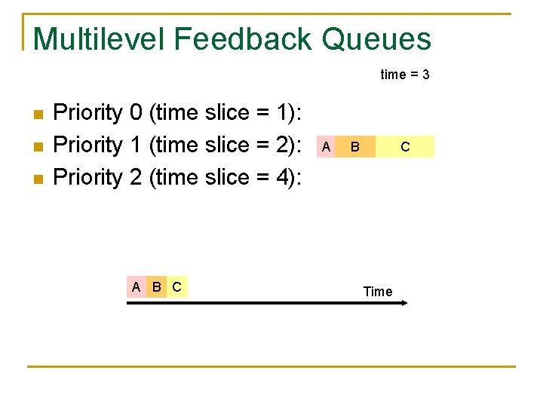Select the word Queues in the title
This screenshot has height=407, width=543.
[x=376, y=38]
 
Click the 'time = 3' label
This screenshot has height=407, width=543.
[x=405, y=75]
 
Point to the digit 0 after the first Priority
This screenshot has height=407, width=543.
[x=136, y=113]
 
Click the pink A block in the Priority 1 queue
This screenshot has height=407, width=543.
[x=325, y=146]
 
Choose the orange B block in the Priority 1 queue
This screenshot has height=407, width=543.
[x=355, y=146]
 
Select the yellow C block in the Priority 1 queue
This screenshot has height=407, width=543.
[x=405, y=146]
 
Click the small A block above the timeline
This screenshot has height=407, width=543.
[x=136, y=286]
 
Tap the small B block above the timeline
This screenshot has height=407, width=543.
[x=156, y=286]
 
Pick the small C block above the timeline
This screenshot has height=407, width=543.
[x=176, y=286]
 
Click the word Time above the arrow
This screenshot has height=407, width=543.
[x=378, y=292]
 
